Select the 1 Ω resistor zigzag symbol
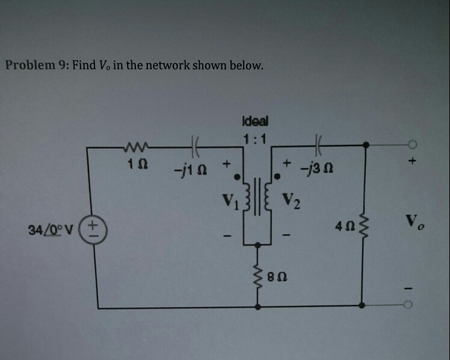(x=133, y=144)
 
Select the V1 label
(x=229, y=198)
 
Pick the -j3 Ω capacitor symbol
(x=318, y=144)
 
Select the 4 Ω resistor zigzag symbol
(x=362, y=229)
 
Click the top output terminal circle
(x=411, y=144)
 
